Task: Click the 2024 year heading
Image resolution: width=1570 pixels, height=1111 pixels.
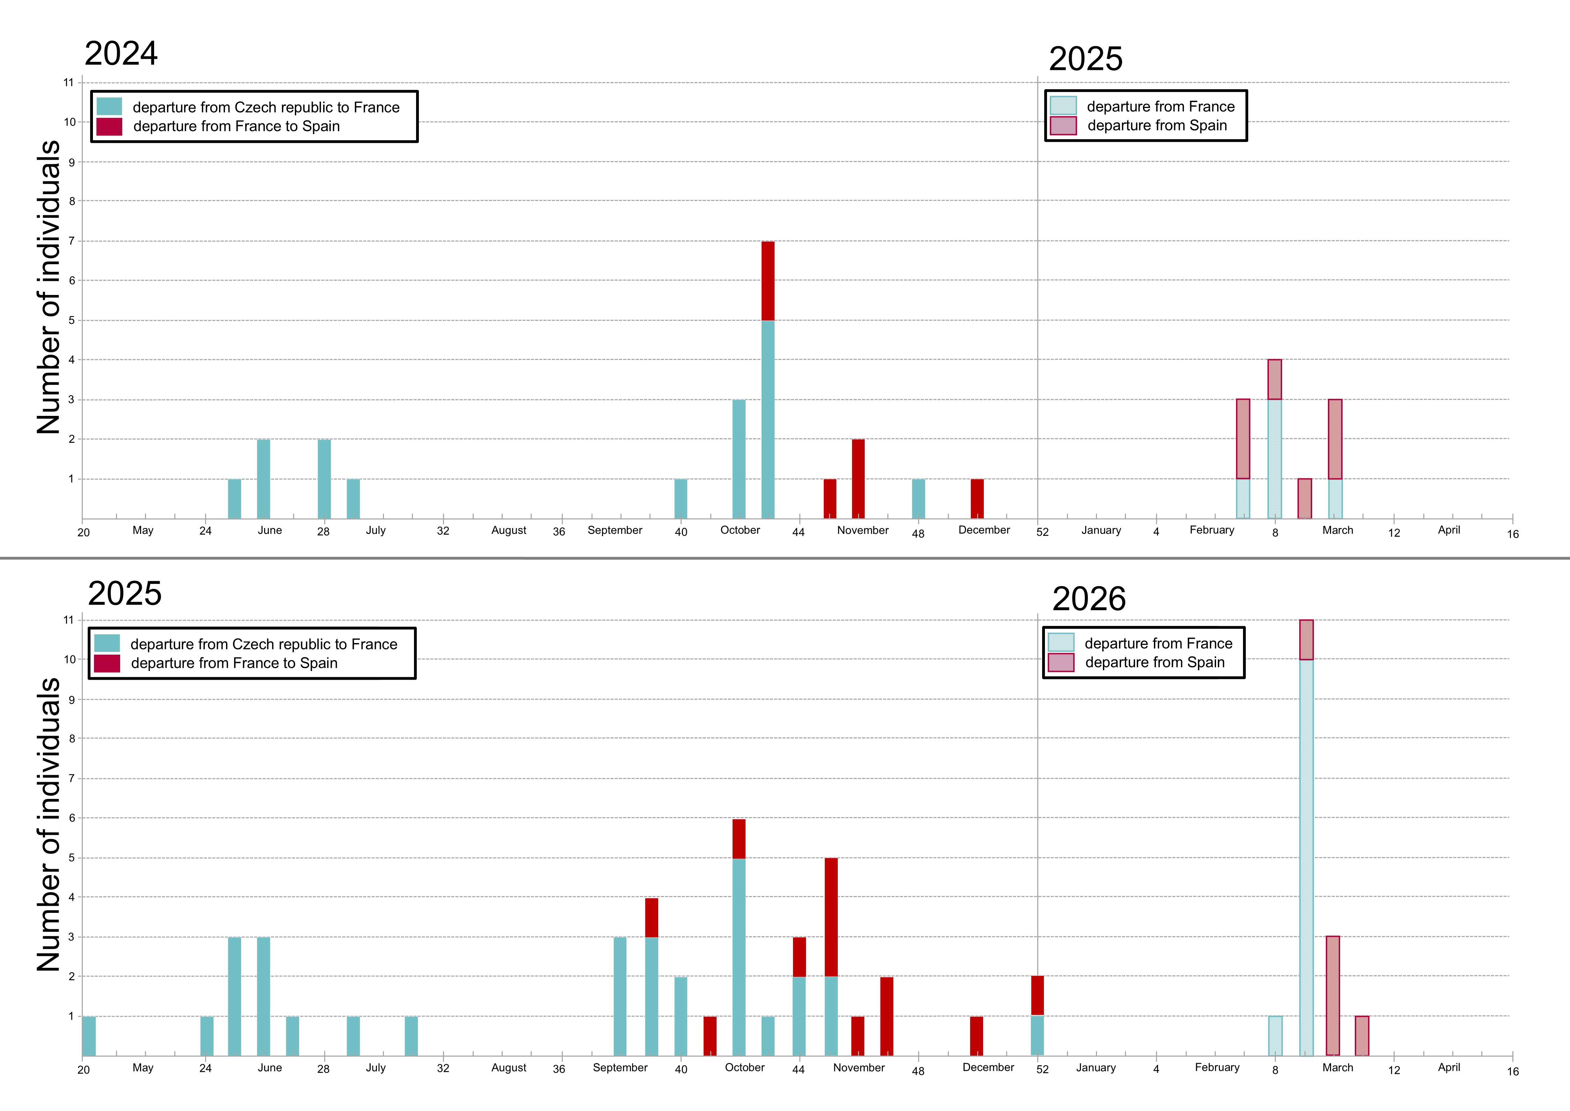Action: [x=121, y=53]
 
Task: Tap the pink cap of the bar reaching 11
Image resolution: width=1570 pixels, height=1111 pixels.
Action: [x=1306, y=640]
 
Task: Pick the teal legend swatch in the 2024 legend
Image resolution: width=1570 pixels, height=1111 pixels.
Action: [x=109, y=107]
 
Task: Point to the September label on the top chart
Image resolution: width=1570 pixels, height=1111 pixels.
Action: [x=615, y=530]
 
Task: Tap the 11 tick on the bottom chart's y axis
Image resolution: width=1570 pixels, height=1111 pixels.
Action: [x=68, y=620]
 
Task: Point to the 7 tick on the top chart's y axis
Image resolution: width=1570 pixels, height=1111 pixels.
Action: [x=71, y=241]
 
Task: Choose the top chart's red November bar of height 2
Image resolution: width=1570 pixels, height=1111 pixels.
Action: [x=858, y=479]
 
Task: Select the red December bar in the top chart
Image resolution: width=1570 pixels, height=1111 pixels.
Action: [x=977, y=499]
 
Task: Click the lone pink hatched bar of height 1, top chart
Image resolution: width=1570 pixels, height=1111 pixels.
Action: [x=1305, y=499]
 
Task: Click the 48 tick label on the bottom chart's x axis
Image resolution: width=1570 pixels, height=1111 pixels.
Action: [x=918, y=1071]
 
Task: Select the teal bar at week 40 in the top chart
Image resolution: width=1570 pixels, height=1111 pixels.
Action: [x=681, y=499]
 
